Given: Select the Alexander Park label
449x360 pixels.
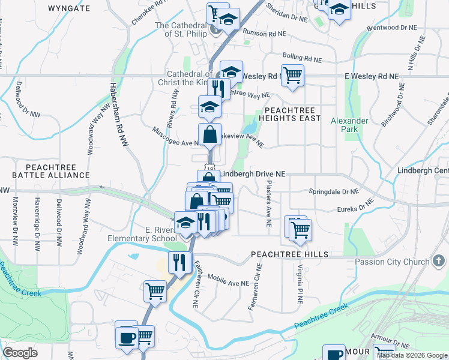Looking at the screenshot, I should coord(349,125).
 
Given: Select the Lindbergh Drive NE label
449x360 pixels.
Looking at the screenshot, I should coord(252,174).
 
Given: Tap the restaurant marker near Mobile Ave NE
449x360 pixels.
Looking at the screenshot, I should coord(179,262).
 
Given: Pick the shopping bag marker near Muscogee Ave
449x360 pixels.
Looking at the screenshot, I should coord(210,134).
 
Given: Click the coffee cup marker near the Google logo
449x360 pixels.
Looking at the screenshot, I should coord(126,337).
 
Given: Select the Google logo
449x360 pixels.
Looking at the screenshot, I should coord(20,353).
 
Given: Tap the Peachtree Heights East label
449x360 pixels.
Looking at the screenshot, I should coord(290,115).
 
